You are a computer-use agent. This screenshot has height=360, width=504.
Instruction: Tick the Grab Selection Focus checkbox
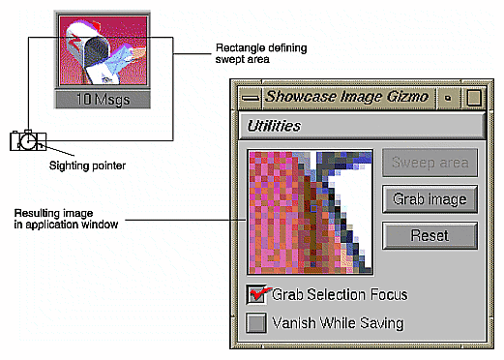(x=257, y=294)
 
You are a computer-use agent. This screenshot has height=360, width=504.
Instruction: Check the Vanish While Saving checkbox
(x=257, y=323)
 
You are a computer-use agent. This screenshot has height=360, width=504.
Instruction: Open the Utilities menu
(x=274, y=126)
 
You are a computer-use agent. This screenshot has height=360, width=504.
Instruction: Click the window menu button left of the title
(x=250, y=97)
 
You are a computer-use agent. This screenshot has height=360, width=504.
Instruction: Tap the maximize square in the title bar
(x=473, y=97)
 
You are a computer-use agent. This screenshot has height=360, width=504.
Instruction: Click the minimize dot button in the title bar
(x=448, y=97)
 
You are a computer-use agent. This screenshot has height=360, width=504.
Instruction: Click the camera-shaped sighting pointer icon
(x=27, y=140)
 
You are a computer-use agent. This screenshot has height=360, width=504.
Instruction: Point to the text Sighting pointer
(x=86, y=165)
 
